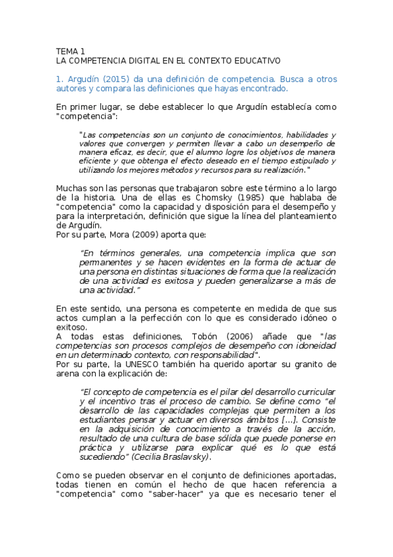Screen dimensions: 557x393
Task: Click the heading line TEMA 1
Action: click(70, 51)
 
